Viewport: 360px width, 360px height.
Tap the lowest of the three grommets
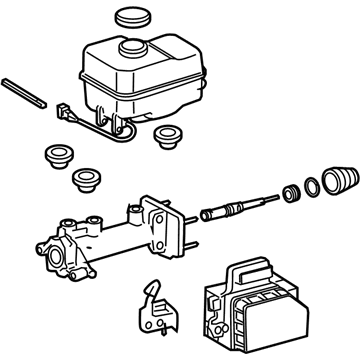tap(88, 180)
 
